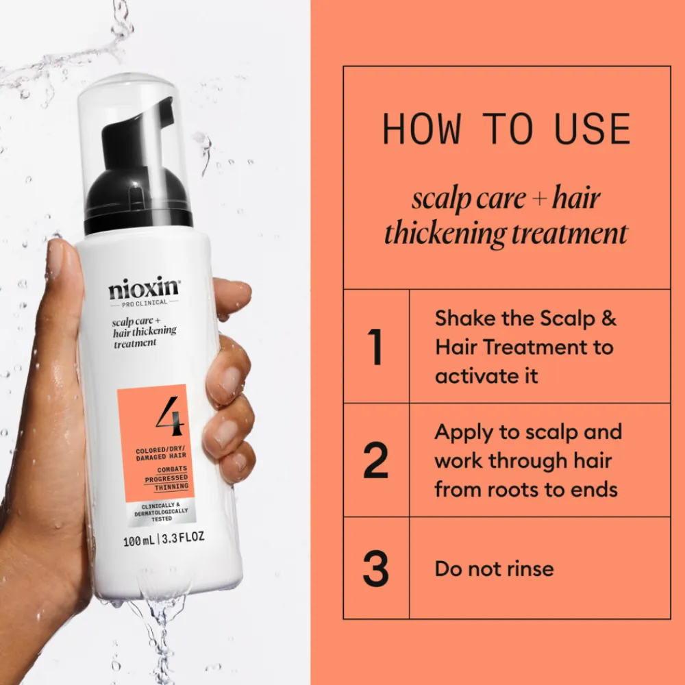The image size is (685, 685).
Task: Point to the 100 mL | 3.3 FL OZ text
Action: (x=163, y=538)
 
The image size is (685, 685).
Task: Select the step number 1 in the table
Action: (x=375, y=347)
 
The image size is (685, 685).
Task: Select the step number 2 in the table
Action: (x=375, y=460)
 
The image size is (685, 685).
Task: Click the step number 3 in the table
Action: (x=375, y=569)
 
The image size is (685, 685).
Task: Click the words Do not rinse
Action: (x=494, y=569)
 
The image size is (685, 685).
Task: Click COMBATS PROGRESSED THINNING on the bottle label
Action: (x=166, y=477)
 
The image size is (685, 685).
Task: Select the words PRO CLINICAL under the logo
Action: (x=143, y=303)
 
